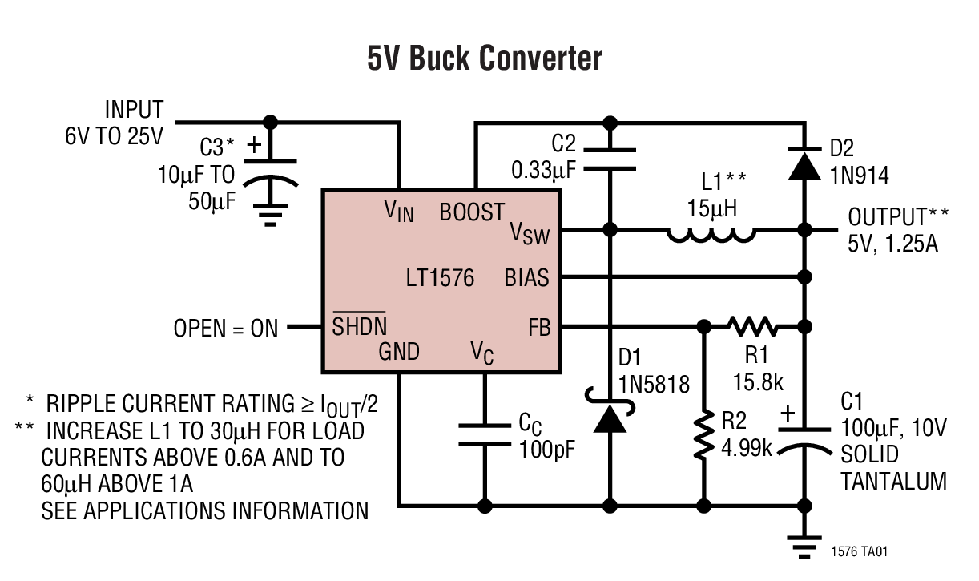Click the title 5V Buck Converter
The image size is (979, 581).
click(x=485, y=59)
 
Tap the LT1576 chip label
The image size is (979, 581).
click(x=440, y=278)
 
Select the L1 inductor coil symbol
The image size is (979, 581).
click(x=710, y=233)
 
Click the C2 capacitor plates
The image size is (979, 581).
click(x=610, y=159)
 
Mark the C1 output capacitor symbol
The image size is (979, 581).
click(x=804, y=440)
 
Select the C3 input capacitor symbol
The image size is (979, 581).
click(x=271, y=172)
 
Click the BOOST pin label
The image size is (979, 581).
click(x=472, y=212)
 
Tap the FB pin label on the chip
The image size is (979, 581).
click(x=539, y=327)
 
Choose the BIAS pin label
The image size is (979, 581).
click(x=526, y=278)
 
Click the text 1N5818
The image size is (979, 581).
click(x=654, y=384)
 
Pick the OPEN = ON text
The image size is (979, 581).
click(x=226, y=328)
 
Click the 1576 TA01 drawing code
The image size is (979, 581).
click(x=860, y=552)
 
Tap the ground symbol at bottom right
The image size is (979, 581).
click(x=804, y=541)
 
